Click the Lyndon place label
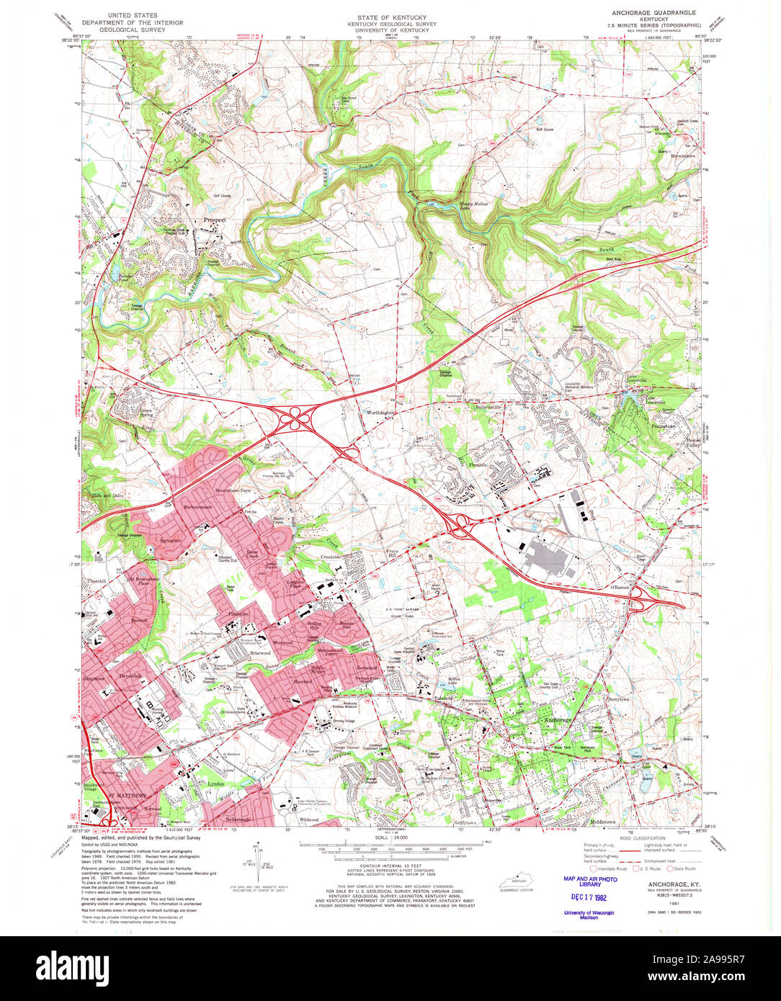[216, 784]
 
